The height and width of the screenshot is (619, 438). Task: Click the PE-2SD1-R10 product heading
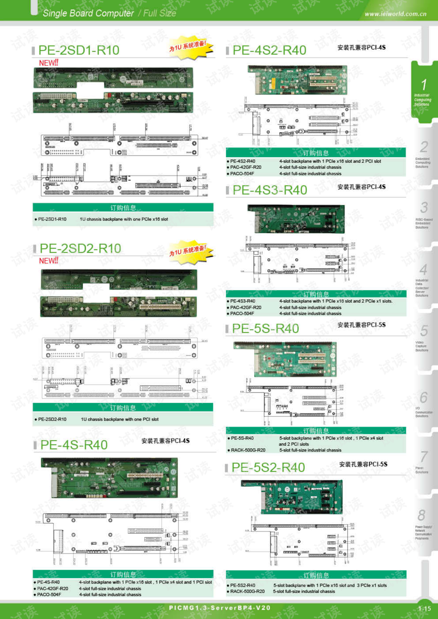[x=78, y=50]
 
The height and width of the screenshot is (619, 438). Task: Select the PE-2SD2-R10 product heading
[x=80, y=249]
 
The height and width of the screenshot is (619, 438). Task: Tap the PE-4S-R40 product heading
[x=74, y=445]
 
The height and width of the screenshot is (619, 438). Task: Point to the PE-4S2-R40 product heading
[x=269, y=50]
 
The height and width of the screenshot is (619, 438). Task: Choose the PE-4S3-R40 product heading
[x=270, y=190]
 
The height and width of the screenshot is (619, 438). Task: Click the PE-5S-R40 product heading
[x=265, y=328]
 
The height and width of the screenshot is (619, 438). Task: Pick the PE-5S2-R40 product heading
[x=268, y=468]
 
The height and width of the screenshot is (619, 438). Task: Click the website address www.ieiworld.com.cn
[x=395, y=14]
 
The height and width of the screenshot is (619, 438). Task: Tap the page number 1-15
[x=424, y=609]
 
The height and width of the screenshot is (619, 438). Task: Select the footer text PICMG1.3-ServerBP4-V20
[x=219, y=608]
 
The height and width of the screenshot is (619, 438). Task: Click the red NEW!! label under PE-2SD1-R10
[x=48, y=63]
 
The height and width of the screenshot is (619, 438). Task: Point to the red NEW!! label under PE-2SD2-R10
[x=48, y=261]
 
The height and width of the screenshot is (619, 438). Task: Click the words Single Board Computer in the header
[x=88, y=14]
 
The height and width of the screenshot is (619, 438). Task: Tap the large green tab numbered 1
[x=422, y=91]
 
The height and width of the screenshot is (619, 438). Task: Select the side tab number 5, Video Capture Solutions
[x=423, y=338]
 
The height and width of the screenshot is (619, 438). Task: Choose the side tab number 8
[x=422, y=522]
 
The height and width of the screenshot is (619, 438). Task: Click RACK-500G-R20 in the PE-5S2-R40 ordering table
[x=248, y=592]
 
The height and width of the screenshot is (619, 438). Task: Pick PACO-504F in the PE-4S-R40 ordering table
[x=49, y=594]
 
